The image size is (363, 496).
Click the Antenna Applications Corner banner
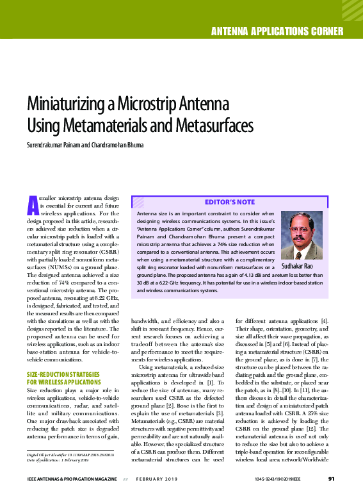coord(277,31)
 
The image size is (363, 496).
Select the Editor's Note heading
coord(229,202)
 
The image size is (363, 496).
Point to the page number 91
coord(332,478)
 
